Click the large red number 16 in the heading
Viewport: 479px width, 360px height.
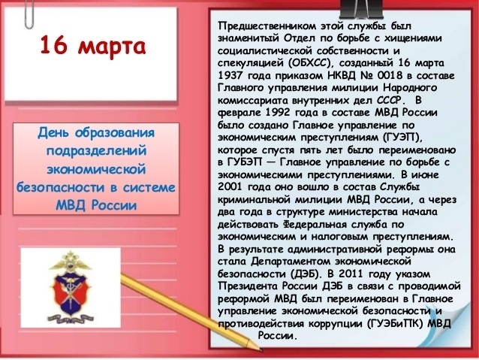(53, 45)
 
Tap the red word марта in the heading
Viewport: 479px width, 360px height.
(112, 47)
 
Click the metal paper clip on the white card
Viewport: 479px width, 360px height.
(29, 14)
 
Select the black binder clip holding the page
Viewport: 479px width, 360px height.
(361, 10)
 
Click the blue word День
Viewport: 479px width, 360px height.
(54, 133)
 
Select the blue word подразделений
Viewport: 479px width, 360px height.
(97, 151)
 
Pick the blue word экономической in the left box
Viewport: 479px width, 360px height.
(97, 169)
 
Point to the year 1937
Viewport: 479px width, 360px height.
(230, 76)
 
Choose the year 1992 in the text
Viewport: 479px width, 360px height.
(278, 113)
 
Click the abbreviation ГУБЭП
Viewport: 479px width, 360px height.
(244, 162)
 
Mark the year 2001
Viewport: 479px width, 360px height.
(230, 187)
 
